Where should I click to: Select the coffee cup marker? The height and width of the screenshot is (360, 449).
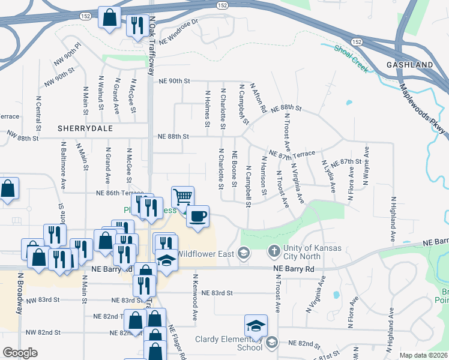click(x=197, y=216)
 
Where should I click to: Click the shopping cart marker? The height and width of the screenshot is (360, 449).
click(x=182, y=196)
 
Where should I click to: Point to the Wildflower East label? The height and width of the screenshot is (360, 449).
click(x=205, y=254)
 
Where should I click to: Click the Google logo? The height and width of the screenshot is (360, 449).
click(x=20, y=352)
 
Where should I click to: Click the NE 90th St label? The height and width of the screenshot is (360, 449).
click(x=174, y=81)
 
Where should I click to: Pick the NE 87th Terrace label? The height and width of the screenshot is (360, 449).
click(x=292, y=154)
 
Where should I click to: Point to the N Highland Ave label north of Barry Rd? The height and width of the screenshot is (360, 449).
click(x=393, y=219)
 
